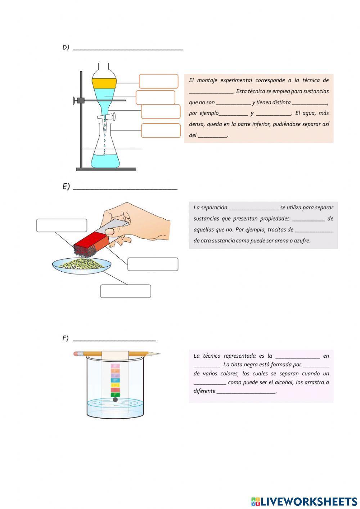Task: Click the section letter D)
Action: tap(66, 47)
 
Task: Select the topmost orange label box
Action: tap(158, 81)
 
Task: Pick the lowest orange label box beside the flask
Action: tap(161, 130)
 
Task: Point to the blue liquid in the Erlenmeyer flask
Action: tap(105, 160)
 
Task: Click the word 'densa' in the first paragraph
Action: tap(196, 124)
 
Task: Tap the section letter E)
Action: tap(66, 187)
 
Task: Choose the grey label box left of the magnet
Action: tap(62, 226)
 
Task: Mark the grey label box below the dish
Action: tap(125, 291)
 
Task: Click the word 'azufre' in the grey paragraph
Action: tap(302, 241)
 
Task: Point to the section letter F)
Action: tap(65, 338)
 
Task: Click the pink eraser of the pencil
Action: tap(76, 354)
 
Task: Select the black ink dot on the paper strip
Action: tap(115, 399)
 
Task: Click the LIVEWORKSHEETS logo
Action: tap(304, 501)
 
